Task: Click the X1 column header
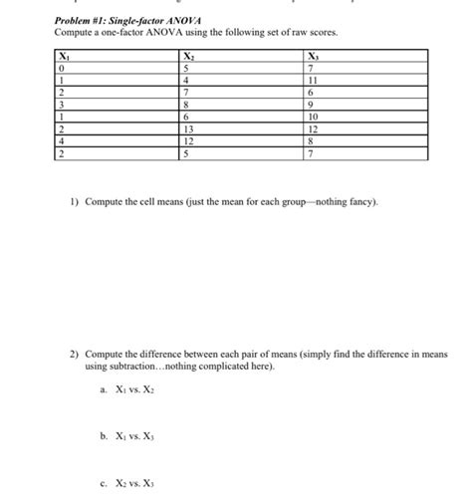coord(65,56)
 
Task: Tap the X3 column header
coord(314,56)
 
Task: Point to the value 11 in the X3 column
coord(314,80)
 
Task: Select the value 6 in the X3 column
coord(312,92)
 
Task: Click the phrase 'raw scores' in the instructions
coord(315,33)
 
